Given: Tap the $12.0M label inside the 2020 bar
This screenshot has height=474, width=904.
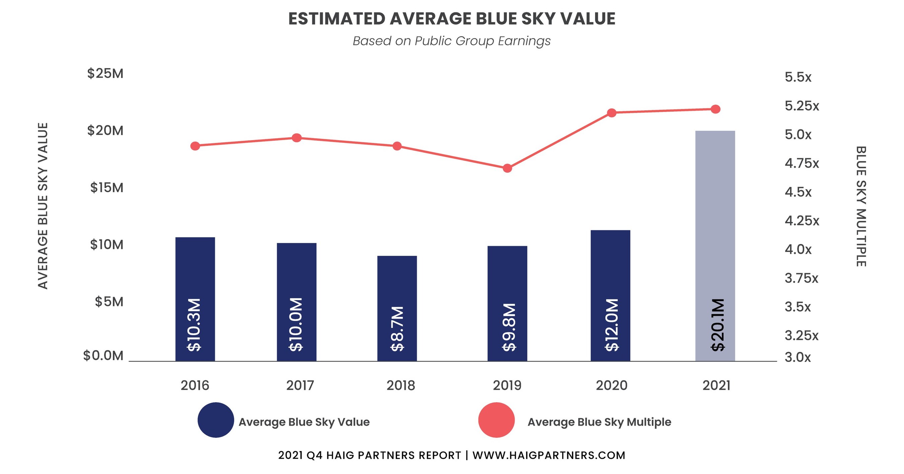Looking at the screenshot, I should click(612, 325).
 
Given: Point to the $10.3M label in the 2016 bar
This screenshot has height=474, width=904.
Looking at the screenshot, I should click(194, 325).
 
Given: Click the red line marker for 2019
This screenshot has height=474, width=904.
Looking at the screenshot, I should click(507, 168).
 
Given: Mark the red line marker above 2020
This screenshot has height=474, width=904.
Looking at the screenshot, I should click(611, 113).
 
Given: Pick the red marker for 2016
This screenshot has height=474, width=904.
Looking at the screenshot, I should click(195, 146).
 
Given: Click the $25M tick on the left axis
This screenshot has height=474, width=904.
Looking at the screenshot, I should click(105, 73).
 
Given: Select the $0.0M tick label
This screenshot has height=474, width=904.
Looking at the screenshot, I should click(103, 356).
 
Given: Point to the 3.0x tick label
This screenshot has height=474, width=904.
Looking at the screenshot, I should click(798, 357).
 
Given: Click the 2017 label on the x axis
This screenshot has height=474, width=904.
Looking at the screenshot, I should click(300, 386).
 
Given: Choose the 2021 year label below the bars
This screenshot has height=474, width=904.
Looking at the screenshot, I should click(716, 386).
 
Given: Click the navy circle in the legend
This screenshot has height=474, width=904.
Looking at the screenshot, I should click(216, 420).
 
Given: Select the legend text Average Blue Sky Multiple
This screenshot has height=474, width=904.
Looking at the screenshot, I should click(599, 422).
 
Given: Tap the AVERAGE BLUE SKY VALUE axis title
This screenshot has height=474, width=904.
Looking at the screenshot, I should click(43, 206).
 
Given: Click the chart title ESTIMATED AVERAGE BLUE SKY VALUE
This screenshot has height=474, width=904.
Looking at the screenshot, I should click(452, 19).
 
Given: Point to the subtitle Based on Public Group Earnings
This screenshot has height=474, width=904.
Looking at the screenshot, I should click(452, 41).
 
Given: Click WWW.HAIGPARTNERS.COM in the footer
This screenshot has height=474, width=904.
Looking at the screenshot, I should click(548, 455).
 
